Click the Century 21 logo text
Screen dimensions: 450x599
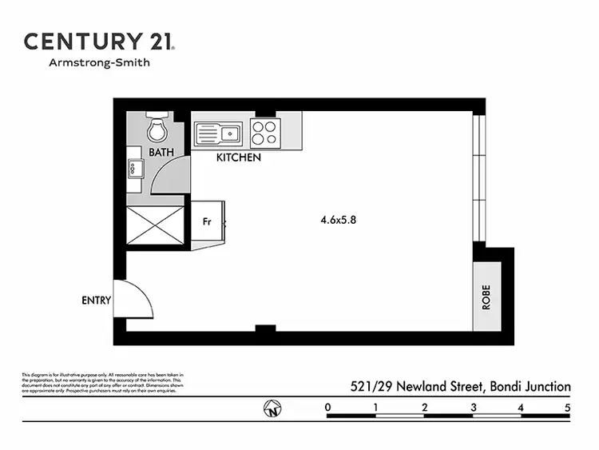tap(99, 42)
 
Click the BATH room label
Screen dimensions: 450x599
tap(161, 151)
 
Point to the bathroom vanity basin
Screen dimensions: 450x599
tap(133, 168)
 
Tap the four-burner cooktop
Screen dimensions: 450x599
tap(264, 133)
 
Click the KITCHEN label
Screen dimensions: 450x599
tap(239, 158)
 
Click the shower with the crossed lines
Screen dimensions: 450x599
tap(156, 225)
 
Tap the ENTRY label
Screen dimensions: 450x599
tap(96, 301)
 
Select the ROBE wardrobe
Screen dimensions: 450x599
tap(486, 297)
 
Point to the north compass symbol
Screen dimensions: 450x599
tap(273, 411)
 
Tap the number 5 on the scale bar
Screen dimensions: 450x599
tap(568, 408)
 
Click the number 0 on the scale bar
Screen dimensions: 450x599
tap(328, 408)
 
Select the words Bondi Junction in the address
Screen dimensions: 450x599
tap(530, 387)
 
